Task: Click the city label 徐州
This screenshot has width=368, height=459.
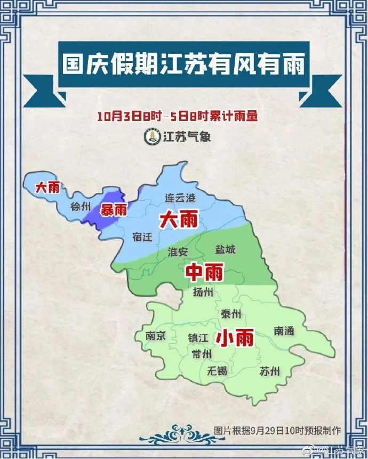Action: tap(81, 207)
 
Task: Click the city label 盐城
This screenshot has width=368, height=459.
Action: tap(225, 249)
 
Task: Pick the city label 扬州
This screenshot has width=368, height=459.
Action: tap(203, 292)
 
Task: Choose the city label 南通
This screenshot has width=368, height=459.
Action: tap(284, 331)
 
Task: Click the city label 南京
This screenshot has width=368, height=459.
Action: tap(156, 336)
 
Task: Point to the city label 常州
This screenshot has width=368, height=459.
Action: tap(202, 354)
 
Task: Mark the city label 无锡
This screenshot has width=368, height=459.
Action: tap(218, 371)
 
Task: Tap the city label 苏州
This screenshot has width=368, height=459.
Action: tap(269, 371)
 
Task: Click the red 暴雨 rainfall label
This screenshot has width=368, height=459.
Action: tap(115, 210)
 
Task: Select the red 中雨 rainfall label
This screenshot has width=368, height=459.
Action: tap(204, 273)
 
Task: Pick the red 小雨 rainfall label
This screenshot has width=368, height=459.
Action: tap(234, 338)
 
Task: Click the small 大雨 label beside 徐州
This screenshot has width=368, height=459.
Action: tap(47, 187)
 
